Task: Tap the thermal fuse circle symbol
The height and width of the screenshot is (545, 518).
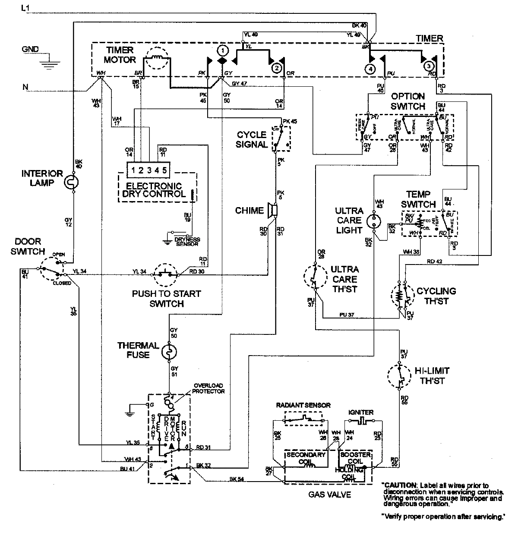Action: pos(168,352)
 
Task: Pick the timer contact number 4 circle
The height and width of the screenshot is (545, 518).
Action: pos(370,68)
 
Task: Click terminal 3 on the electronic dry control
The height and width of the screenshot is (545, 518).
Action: pos(148,170)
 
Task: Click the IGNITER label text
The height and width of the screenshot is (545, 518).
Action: pos(362,412)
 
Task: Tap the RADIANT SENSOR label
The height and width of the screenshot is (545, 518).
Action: pos(303,405)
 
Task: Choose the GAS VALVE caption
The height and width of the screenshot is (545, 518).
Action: pos(329,495)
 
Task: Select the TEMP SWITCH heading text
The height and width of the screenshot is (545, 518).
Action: pos(417,199)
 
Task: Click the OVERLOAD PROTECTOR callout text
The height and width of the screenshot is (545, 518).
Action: pos(209,388)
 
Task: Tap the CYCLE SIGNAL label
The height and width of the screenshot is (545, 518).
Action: pos(252,139)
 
